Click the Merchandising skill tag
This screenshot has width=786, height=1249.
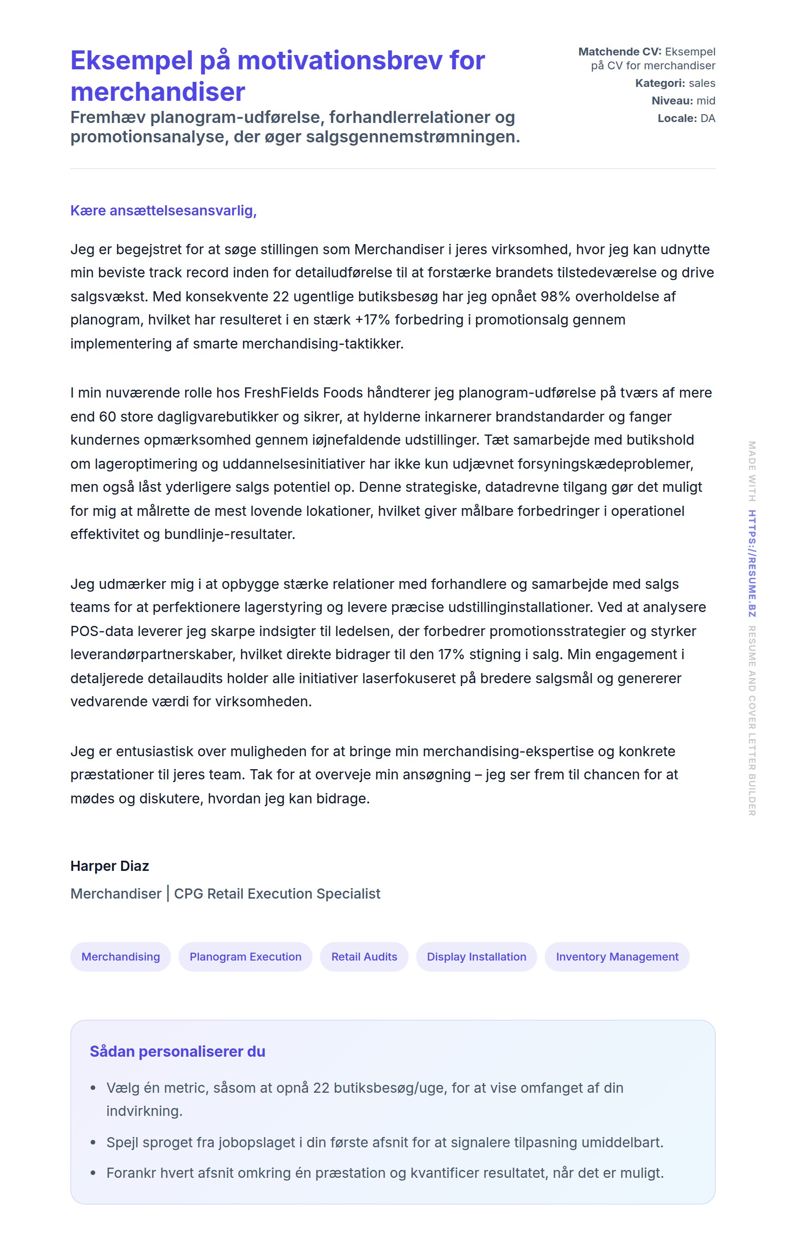pos(120,956)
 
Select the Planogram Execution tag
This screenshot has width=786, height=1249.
pos(245,956)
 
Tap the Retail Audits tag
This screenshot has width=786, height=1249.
pos(364,956)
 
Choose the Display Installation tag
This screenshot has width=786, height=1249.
pos(476,956)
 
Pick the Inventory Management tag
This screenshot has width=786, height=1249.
pos(616,956)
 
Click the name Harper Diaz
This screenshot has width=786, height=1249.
pos(110,866)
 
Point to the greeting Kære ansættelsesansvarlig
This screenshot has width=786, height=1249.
pos(163,211)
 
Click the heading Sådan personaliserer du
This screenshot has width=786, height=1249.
pos(178,1051)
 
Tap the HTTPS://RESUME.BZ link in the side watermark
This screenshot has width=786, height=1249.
pos(751,563)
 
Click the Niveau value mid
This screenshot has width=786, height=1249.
pos(706,101)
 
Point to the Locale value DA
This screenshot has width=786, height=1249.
pos(708,118)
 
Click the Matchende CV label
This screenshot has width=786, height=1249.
pos(620,52)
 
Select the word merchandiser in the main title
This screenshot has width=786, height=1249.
pos(158,92)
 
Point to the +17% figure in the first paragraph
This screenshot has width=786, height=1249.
pos(372,319)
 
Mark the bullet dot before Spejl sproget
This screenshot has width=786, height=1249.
pos(93,1142)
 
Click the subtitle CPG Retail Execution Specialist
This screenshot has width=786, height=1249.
pos(277,893)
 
